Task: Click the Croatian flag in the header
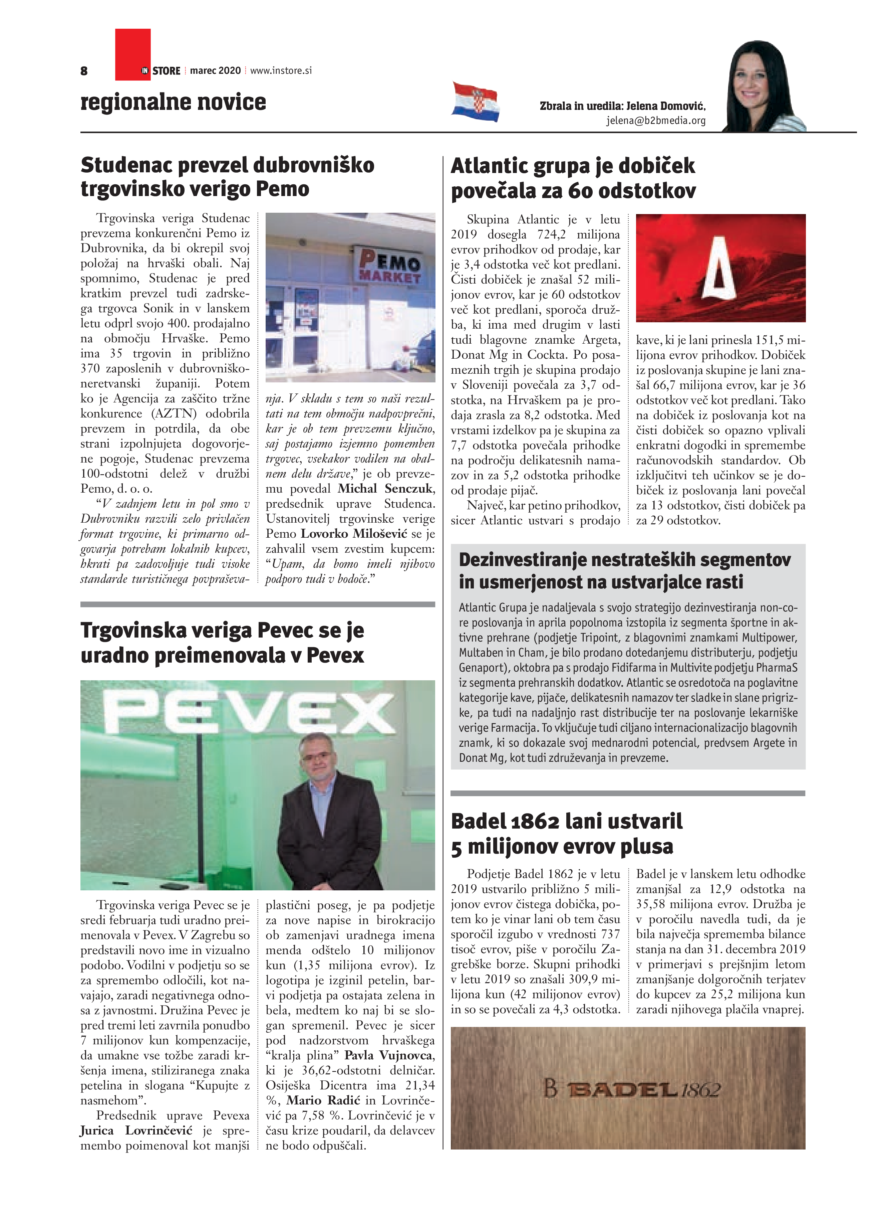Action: click(475, 102)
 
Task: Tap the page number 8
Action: click(84, 70)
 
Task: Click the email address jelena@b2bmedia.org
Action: click(656, 121)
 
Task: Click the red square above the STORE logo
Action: click(133, 46)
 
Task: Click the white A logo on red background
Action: click(719, 269)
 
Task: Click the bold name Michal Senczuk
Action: click(386, 488)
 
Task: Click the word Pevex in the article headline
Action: click(335, 655)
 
